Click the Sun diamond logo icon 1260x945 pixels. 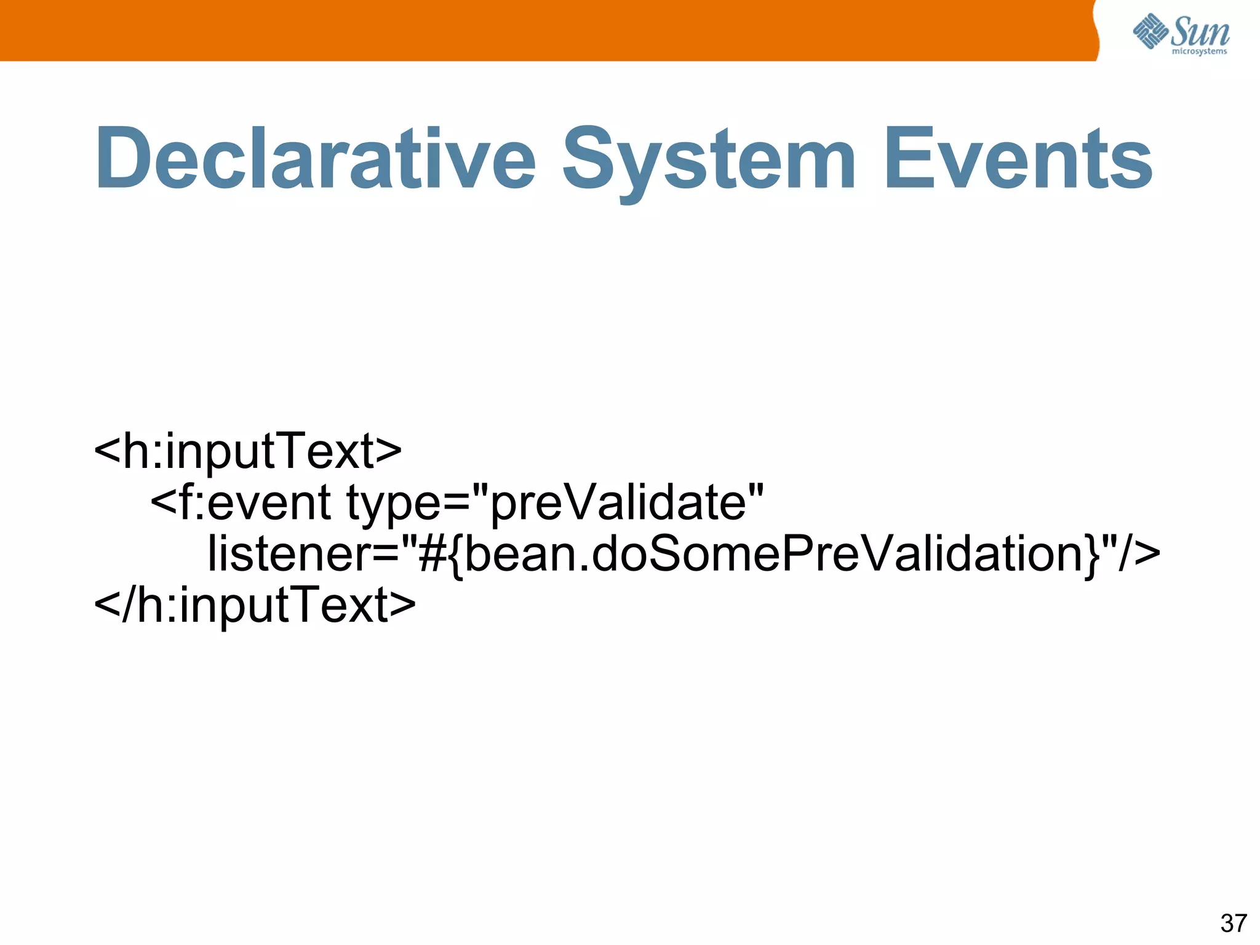pos(1150,31)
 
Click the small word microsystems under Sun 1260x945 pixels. pos(1199,52)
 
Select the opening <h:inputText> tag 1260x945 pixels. pos(248,451)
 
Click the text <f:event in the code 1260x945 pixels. pos(241,502)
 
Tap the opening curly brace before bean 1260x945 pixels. pos(456,555)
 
